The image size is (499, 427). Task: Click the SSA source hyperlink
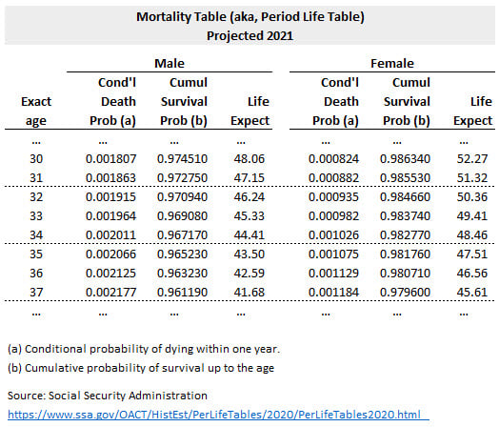coord(214,415)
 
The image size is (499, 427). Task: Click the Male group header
coord(170,63)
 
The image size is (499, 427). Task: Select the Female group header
coord(392,63)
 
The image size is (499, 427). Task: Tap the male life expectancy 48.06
coord(249,158)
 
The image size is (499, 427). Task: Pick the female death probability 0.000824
coord(333,158)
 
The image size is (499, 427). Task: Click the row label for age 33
coord(36,216)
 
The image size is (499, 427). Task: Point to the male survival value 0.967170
coord(182,235)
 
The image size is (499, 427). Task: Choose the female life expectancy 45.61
coord(472,292)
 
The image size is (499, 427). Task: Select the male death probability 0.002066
coord(110,254)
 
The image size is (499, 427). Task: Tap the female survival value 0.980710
coord(405,273)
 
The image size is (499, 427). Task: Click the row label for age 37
coord(36,292)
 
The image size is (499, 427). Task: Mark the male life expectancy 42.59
coord(249,273)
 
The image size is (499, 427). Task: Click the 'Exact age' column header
coord(36,112)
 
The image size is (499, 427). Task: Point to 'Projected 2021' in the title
coord(249,35)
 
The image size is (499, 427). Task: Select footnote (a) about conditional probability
coord(144,349)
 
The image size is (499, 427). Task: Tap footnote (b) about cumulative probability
coord(141,368)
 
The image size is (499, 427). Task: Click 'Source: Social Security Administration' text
coord(108,396)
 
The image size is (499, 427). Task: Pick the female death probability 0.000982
coord(333,216)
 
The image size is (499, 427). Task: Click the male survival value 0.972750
coord(182,177)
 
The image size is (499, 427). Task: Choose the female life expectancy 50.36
coord(472,196)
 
